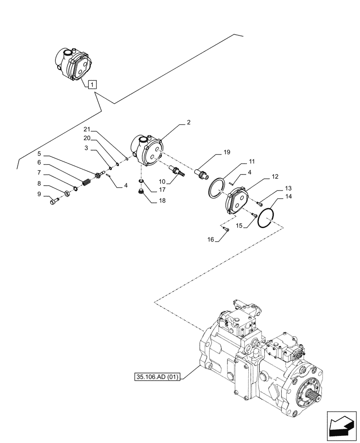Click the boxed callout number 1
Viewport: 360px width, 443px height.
pyautogui.click(x=92, y=83)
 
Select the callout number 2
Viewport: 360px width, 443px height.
pyautogui.click(x=188, y=122)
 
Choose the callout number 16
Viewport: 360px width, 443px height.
pyautogui.click(x=210, y=239)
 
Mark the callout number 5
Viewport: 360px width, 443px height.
pyautogui.click(x=39, y=154)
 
